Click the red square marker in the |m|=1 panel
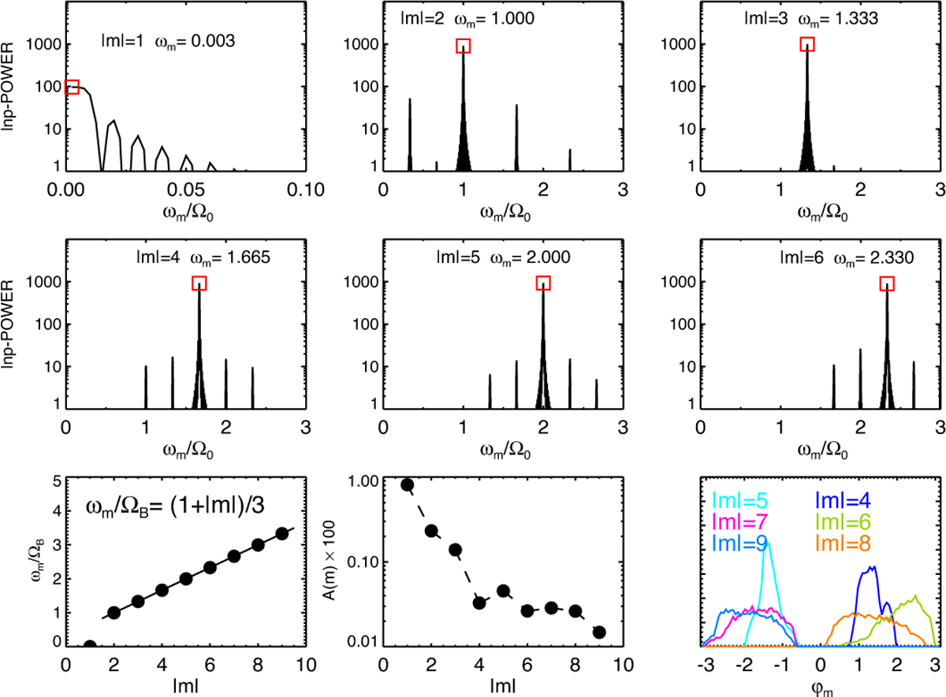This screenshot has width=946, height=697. pyautogui.click(x=72, y=87)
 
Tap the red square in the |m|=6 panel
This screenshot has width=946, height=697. pyautogui.click(x=887, y=283)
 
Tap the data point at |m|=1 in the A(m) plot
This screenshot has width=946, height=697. pyautogui.click(x=408, y=484)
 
